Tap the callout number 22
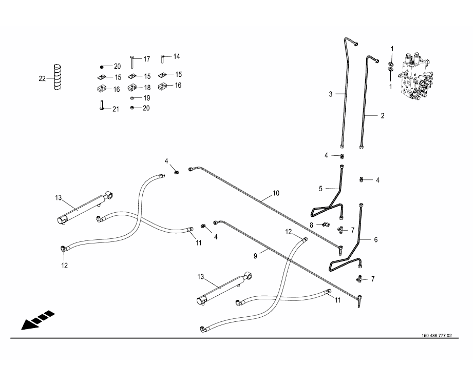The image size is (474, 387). pyautogui.click(x=42, y=78)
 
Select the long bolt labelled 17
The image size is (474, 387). pyautogui.click(x=132, y=61)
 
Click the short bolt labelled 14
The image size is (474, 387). pyautogui.click(x=163, y=58)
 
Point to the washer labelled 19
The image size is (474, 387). pyautogui.click(x=132, y=97)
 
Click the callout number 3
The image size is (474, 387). pyautogui.click(x=331, y=94)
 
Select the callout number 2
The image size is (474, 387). pyautogui.click(x=382, y=116)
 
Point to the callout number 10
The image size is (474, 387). pyautogui.click(x=276, y=193)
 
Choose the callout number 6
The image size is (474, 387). pyautogui.click(x=375, y=239)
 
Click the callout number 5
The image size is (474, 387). pyautogui.click(x=320, y=189)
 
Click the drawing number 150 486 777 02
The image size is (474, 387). pyautogui.click(x=436, y=336)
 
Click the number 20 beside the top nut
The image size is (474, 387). pyautogui.click(x=117, y=66)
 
